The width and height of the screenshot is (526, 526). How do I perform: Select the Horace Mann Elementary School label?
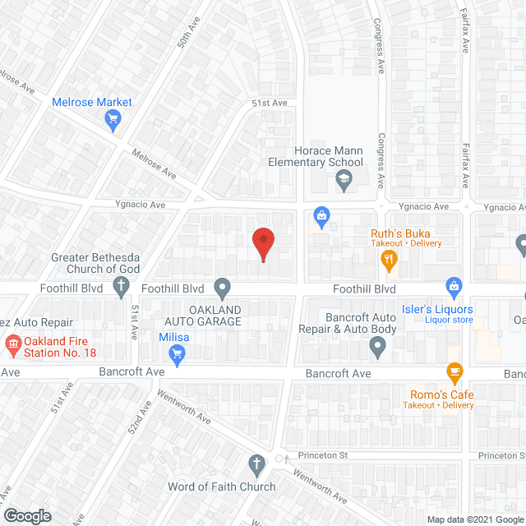(329, 156)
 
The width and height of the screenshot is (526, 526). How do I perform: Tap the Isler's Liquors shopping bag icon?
(454, 287)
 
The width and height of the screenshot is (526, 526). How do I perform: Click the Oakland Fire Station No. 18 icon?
(13, 343)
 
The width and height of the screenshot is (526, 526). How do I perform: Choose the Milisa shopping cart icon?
(176, 355)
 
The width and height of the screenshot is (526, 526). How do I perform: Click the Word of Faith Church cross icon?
(256, 466)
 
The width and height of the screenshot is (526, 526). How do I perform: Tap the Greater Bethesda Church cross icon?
(121, 287)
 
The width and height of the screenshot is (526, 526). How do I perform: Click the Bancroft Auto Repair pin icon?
(377, 348)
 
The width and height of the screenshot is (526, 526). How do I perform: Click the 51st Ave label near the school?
(269, 103)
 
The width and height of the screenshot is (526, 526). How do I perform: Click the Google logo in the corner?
(27, 515)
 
